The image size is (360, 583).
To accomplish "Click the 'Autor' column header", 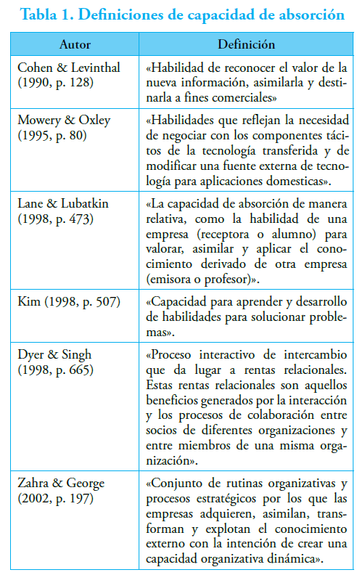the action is [75, 44].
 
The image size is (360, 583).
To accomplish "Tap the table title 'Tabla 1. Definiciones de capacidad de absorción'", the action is [180, 15].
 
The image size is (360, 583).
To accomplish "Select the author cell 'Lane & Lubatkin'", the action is [62, 204].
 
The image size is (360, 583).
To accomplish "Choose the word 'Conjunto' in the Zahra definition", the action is [176, 483].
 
